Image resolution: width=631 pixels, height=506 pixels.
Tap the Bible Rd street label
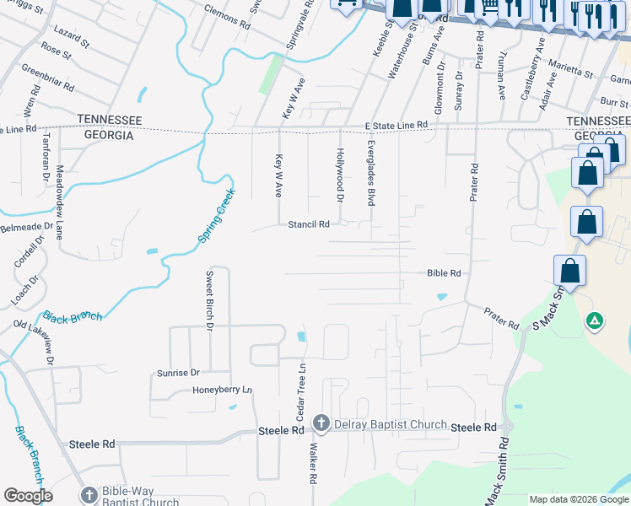coord(444,273)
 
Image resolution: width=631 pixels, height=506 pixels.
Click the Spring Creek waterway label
coord(217,216)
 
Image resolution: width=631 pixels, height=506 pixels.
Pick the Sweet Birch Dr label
coord(210,299)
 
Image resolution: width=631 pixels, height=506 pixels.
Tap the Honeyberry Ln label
coord(223,390)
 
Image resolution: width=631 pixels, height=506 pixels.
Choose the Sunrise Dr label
coord(178,372)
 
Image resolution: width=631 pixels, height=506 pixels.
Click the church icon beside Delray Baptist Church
coord(321,423)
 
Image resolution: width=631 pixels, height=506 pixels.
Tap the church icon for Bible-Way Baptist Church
coord(89,495)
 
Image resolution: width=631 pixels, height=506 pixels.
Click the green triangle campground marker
coord(595,320)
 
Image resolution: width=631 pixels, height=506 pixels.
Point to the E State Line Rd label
coord(396,125)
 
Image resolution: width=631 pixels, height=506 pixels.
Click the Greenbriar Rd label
coord(48,77)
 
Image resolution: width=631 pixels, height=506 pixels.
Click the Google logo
coord(28,496)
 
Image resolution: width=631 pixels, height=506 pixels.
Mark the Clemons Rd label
coord(228,19)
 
